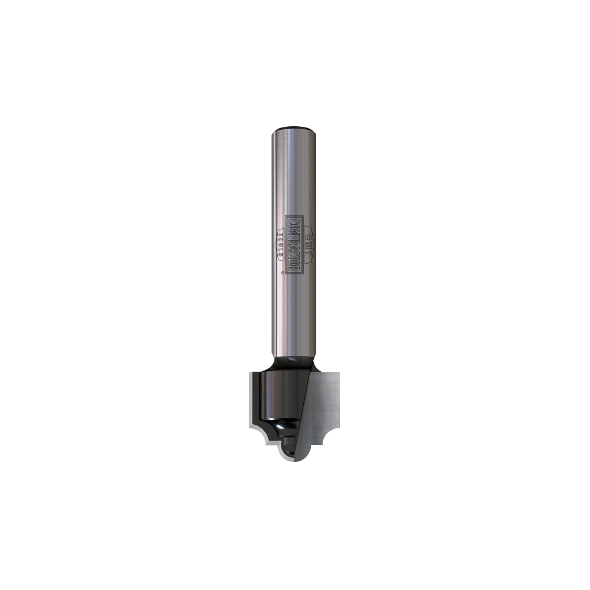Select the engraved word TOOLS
(x=280, y=248)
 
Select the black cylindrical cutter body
(x=277, y=395)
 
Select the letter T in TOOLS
(x=280, y=237)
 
